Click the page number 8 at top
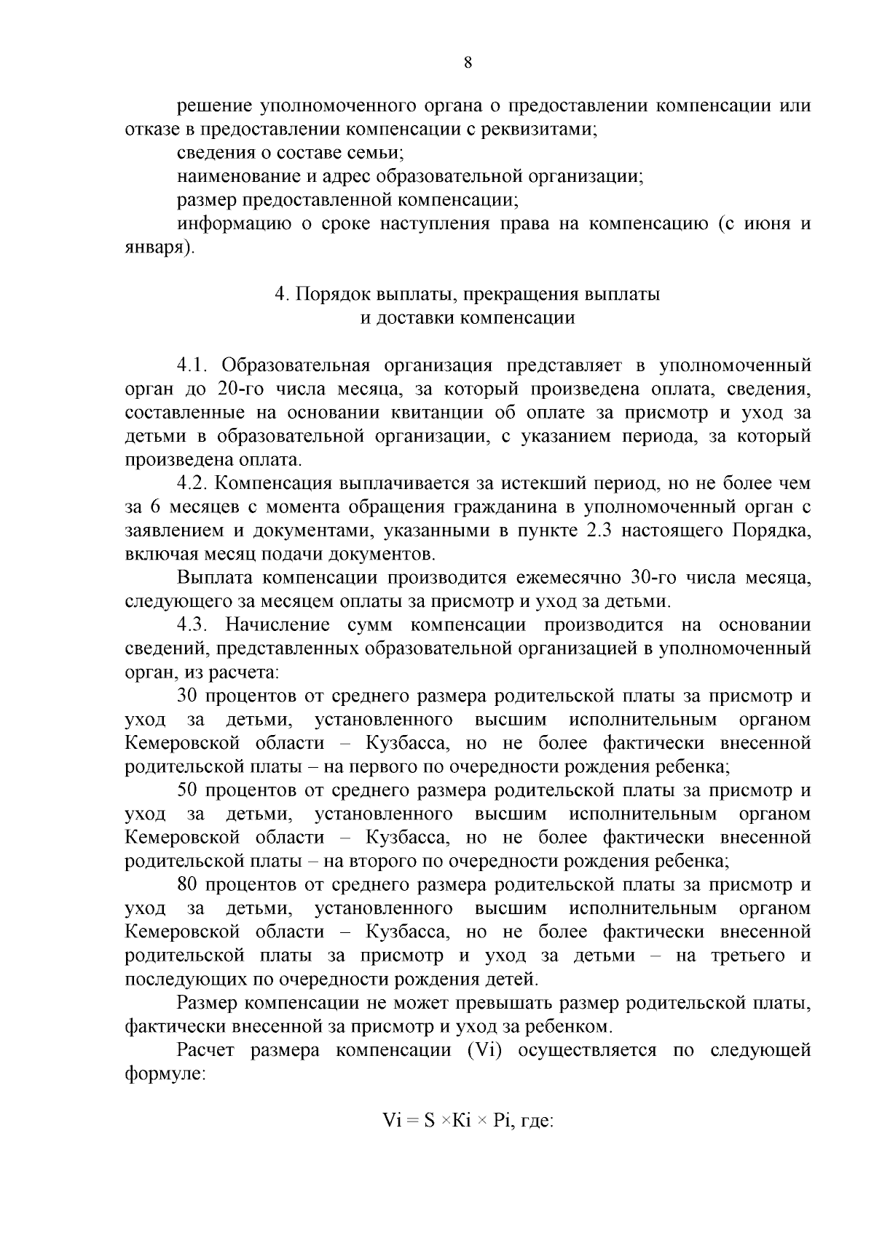pyautogui.click(x=468, y=63)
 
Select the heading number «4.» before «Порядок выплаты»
pyautogui.click(x=283, y=295)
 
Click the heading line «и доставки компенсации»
pyautogui.click(x=468, y=319)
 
